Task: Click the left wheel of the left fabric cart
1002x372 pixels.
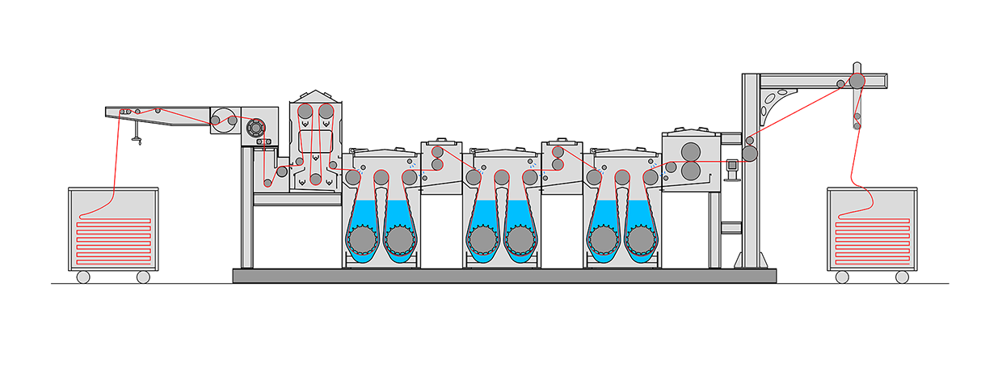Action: click(x=82, y=277)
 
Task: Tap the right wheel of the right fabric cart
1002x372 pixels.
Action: click(x=903, y=277)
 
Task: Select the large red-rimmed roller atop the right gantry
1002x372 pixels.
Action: click(x=857, y=81)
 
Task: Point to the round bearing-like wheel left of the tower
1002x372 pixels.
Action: click(x=256, y=128)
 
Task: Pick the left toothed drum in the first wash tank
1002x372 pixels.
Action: click(x=361, y=239)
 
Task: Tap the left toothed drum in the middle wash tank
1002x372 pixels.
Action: click(x=482, y=239)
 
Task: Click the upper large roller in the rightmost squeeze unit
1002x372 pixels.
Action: click(x=691, y=151)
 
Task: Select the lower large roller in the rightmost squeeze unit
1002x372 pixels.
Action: click(x=691, y=171)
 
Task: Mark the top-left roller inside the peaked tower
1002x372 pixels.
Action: click(x=305, y=112)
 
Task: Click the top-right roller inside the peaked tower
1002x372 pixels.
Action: click(x=326, y=112)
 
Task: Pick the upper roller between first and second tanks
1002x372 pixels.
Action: click(x=437, y=151)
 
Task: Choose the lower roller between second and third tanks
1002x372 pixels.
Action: click(x=558, y=165)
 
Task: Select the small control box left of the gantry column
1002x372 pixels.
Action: click(x=733, y=166)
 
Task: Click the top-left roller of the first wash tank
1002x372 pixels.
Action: click(x=353, y=177)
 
